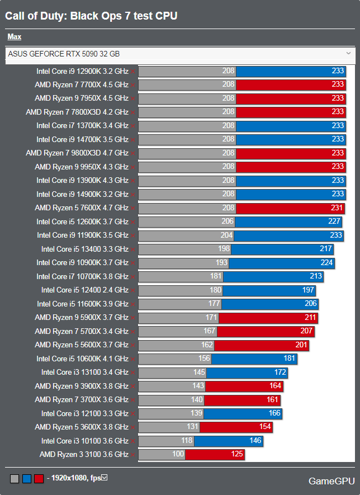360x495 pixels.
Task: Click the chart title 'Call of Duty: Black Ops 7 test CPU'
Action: coord(91,16)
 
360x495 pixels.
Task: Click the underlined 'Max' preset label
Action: coord(15,37)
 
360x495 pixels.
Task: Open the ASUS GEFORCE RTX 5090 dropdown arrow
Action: coord(349,54)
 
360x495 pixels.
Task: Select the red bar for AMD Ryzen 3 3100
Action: coord(215,454)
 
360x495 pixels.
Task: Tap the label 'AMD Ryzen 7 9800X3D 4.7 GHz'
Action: coord(77,153)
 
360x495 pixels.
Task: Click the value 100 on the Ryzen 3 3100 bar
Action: coord(178,454)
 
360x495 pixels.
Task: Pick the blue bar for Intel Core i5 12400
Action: coord(269,290)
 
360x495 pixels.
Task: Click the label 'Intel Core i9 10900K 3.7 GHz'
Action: coord(82,263)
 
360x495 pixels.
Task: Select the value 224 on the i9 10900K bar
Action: coord(326,263)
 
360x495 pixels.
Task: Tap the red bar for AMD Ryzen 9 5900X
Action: coord(268,318)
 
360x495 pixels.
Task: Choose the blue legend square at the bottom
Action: coord(27,479)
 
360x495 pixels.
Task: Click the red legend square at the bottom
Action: coord(39,479)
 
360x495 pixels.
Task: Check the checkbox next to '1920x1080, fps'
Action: coord(104,478)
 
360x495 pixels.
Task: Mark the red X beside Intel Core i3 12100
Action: coord(133,414)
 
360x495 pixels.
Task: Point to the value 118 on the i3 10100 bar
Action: coord(186,441)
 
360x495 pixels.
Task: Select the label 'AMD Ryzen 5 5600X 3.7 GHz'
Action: coord(82,345)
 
